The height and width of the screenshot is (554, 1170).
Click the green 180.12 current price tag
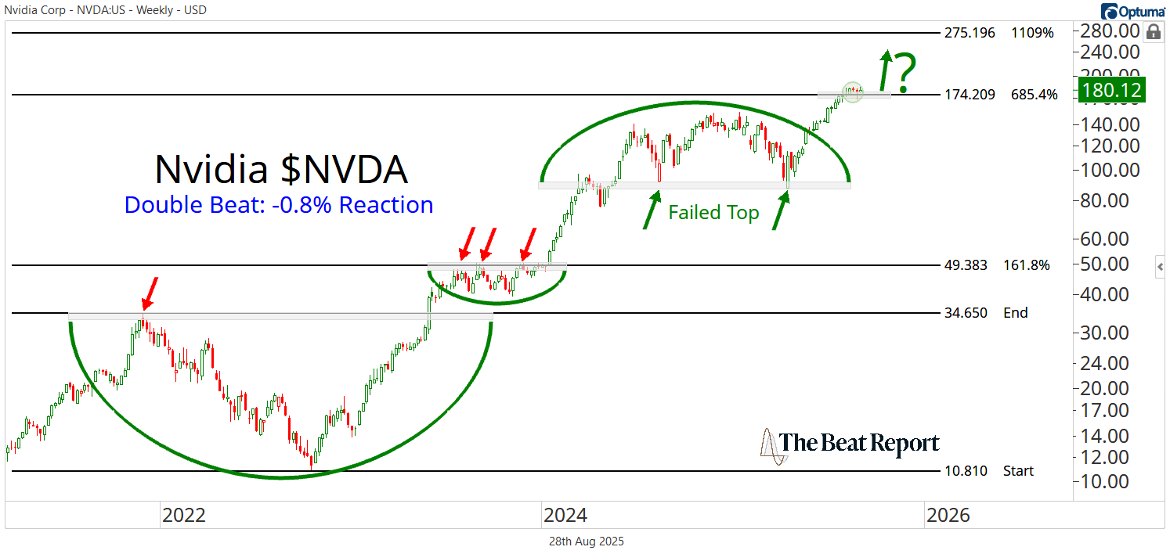tap(1111, 89)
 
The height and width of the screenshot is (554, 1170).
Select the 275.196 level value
tap(970, 33)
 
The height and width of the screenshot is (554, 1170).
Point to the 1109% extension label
tap(1032, 33)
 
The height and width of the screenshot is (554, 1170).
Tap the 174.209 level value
tap(970, 95)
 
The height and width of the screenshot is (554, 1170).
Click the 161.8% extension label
tap(1026, 265)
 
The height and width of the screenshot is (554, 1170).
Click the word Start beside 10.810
tap(1018, 471)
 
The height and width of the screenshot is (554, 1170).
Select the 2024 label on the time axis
tap(565, 515)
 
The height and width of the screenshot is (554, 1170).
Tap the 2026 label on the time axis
tap(948, 515)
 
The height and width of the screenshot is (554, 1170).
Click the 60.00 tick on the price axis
tap(1107, 239)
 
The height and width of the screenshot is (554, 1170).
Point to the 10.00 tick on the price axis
tap(1107, 481)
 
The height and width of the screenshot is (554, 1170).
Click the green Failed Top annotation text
tap(713, 213)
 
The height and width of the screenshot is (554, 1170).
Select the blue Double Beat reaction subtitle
tap(279, 205)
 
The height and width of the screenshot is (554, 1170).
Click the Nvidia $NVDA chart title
tap(280, 169)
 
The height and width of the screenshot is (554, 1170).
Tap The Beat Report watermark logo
tap(850, 445)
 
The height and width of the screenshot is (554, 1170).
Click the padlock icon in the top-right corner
tap(1153, 32)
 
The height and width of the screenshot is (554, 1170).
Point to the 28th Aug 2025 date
tap(585, 541)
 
